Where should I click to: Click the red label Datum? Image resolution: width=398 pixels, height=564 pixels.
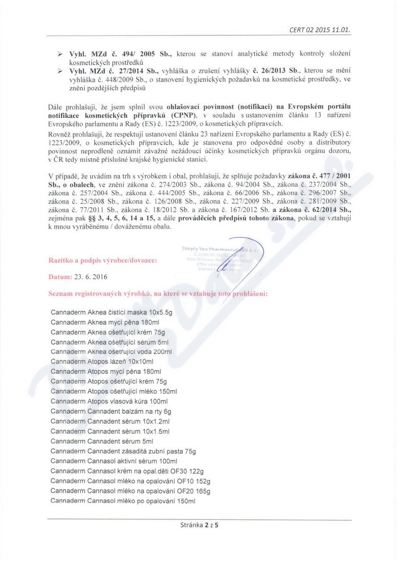point(61,277)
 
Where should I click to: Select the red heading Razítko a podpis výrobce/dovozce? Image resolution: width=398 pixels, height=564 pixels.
point(102,260)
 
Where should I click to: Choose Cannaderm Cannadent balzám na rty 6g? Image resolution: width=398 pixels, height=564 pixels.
point(111,411)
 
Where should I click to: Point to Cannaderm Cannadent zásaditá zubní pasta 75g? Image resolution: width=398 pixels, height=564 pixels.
point(123,451)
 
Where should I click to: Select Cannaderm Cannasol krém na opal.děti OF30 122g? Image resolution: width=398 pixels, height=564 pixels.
point(128,471)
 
